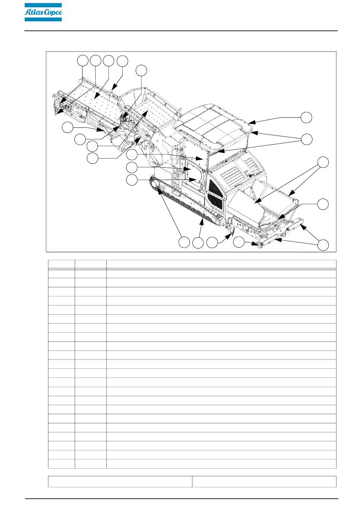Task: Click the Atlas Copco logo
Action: (43, 12)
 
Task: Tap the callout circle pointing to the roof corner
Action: (306, 117)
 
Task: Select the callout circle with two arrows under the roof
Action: (306, 139)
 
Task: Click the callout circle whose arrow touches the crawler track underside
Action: (198, 243)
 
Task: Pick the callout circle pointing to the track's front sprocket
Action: (184, 243)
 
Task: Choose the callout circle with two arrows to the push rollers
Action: (323, 245)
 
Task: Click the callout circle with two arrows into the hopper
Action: (323, 162)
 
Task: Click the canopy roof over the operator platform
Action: (213, 126)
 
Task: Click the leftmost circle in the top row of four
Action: (83, 61)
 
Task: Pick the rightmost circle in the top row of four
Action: (122, 61)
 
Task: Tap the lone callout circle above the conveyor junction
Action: (141, 70)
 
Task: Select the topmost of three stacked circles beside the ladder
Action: (132, 154)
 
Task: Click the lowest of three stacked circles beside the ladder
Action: (132, 180)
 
